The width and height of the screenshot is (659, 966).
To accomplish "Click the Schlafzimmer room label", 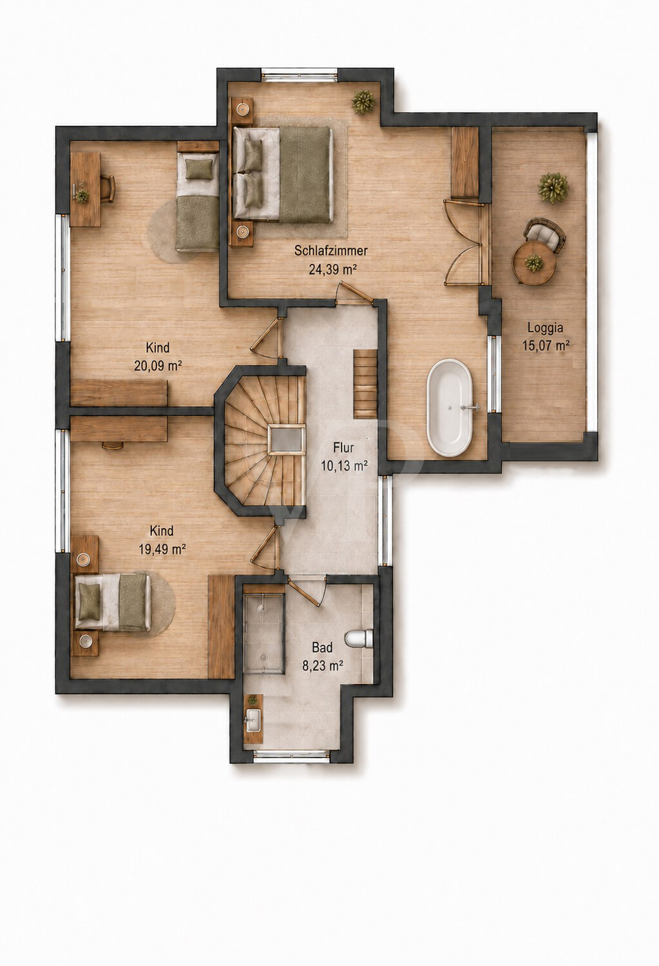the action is pyautogui.click(x=331, y=251).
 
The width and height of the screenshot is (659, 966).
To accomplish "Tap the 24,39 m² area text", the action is pyautogui.click(x=332, y=270).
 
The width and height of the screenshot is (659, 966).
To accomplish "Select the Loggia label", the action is pyautogui.click(x=546, y=328).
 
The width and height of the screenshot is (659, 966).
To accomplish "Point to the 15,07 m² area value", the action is pyautogui.click(x=546, y=346).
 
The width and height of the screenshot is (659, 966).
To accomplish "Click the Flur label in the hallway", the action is pyautogui.click(x=343, y=448).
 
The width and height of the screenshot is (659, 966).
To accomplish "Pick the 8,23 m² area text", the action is pyautogui.click(x=323, y=666).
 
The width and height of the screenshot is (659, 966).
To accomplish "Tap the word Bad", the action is pyautogui.click(x=323, y=647).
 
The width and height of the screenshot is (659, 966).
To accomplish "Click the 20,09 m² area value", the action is pyautogui.click(x=158, y=366).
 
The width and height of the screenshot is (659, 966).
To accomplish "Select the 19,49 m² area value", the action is pyautogui.click(x=162, y=549).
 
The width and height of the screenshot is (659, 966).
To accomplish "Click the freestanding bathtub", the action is pyautogui.click(x=450, y=407).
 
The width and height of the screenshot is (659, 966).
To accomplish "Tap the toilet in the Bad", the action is pyautogui.click(x=359, y=639).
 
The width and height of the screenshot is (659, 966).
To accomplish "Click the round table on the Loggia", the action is pyautogui.click(x=533, y=263).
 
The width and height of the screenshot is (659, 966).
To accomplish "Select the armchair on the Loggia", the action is pyautogui.click(x=544, y=234).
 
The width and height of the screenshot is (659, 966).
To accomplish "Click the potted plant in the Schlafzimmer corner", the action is pyautogui.click(x=363, y=102).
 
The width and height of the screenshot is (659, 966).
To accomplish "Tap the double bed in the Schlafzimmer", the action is pyautogui.click(x=283, y=174).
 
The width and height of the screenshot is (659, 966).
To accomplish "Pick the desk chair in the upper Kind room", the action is pyautogui.click(x=108, y=189).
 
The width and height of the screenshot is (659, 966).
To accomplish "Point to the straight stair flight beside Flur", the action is pyautogui.click(x=366, y=384).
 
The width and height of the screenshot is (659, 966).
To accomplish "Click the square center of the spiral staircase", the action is pyautogui.click(x=287, y=439).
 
